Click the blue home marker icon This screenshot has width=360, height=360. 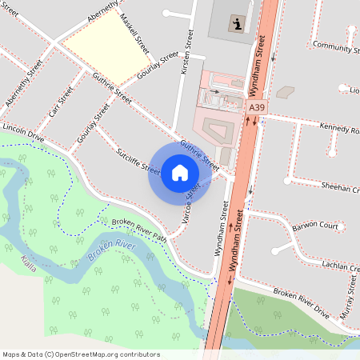(180, 173)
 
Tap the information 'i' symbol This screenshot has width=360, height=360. (238, 24)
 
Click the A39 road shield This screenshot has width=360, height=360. (257, 106)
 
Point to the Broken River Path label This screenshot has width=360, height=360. (138, 230)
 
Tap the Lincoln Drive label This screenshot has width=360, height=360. (23, 132)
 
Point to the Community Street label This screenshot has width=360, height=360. (335, 46)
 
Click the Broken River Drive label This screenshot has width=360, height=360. (301, 300)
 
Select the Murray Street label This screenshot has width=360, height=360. (346, 304)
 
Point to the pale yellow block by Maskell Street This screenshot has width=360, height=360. (99, 50)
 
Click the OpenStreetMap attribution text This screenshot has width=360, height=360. (81, 354)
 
